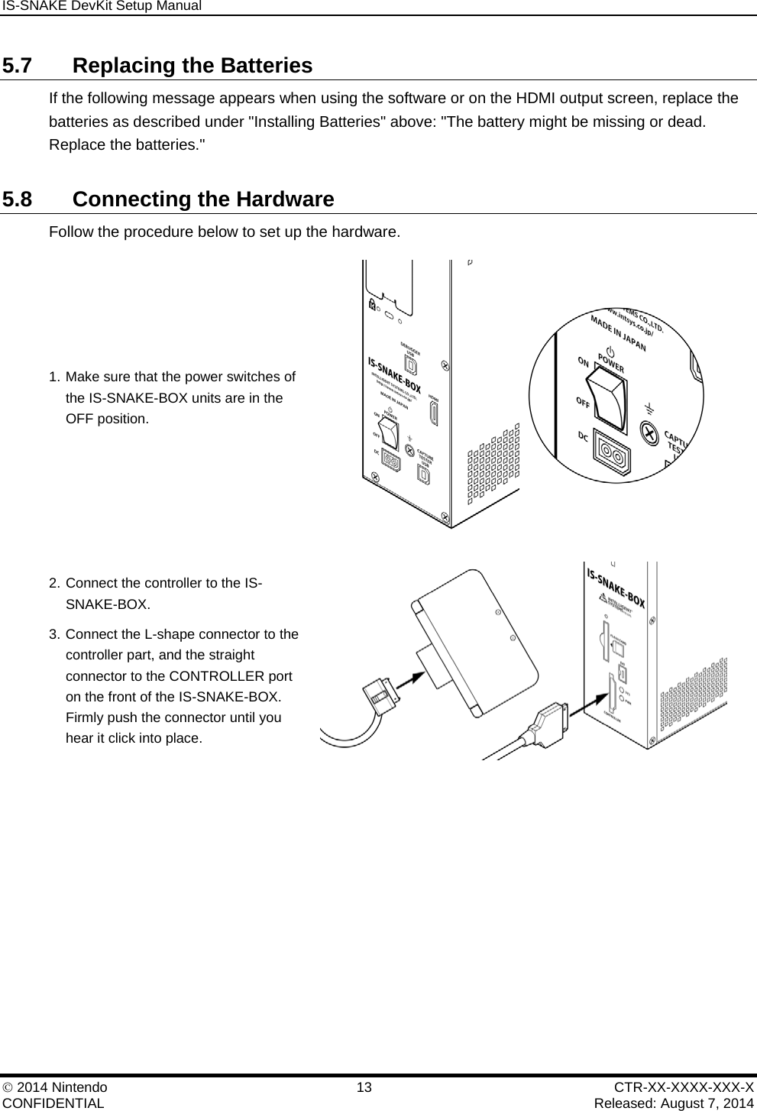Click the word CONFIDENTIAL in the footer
54,1103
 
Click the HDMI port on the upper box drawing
434,413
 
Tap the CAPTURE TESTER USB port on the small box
423,474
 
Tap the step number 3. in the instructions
54,634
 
